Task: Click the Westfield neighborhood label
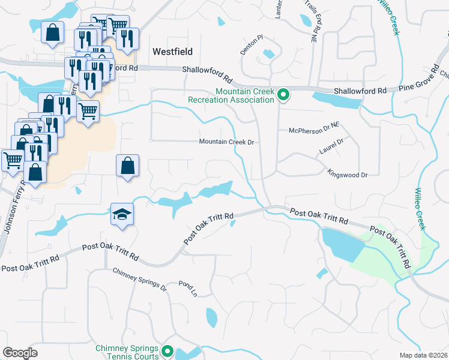click(x=172, y=52)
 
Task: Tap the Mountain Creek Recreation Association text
click(x=246, y=96)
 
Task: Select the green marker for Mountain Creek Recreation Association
click(x=283, y=94)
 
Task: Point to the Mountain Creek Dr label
click(x=228, y=142)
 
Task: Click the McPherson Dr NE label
click(x=314, y=130)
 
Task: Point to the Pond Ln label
click(x=187, y=289)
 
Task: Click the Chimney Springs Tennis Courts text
click(x=127, y=352)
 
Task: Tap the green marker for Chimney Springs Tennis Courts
click(x=167, y=352)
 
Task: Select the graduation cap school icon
click(x=121, y=214)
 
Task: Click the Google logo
click(x=20, y=353)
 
